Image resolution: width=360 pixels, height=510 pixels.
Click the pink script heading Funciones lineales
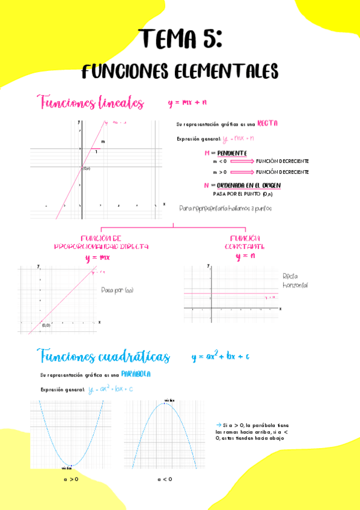90,103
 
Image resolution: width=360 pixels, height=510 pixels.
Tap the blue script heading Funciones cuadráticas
103,357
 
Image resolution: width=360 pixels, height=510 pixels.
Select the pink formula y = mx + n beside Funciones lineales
187,103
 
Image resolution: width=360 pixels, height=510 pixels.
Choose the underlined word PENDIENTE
228,153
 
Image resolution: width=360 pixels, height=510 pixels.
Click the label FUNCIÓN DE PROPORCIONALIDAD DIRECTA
101,242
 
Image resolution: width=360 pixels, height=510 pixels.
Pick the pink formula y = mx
97,257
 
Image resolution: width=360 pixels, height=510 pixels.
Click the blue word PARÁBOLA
135,374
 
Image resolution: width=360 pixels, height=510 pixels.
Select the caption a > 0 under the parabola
71,479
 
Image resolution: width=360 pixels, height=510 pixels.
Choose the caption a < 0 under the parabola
165,479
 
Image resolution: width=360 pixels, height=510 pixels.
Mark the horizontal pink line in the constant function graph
231,293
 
